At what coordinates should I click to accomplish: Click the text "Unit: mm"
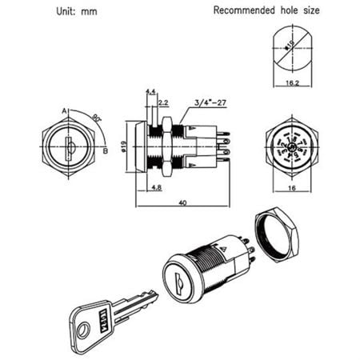point(80,12)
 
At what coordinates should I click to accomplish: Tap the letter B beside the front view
point(106,150)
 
